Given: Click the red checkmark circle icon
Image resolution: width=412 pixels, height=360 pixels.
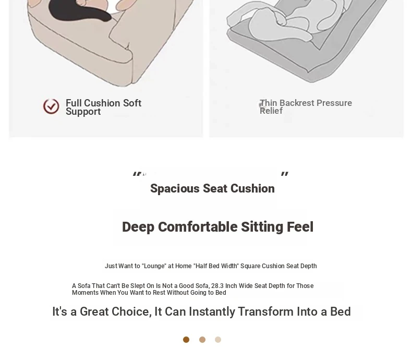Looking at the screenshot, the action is click(51, 106).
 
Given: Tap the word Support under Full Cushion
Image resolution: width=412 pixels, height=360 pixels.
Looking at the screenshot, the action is click(83, 112).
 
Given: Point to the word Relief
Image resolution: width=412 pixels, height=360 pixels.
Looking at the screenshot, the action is click(271, 111).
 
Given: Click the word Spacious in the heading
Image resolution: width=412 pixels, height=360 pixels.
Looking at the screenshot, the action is click(175, 188).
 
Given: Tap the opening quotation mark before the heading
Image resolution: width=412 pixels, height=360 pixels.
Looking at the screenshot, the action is click(137, 174).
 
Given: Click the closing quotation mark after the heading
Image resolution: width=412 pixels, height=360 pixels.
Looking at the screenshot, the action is click(285, 174).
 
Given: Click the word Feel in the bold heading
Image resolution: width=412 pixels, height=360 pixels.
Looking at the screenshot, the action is click(300, 227).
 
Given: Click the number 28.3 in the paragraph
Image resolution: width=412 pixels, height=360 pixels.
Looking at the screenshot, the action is click(217, 285).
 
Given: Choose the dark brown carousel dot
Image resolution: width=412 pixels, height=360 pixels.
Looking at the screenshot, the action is click(186, 340).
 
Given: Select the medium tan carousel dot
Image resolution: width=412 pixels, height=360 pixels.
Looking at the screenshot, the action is click(202, 340).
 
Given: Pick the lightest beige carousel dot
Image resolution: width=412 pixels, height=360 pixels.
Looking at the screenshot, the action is click(218, 340).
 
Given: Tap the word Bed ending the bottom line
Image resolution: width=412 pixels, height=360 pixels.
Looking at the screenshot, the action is click(340, 311).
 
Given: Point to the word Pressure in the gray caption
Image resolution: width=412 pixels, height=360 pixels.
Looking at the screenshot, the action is click(334, 103).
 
